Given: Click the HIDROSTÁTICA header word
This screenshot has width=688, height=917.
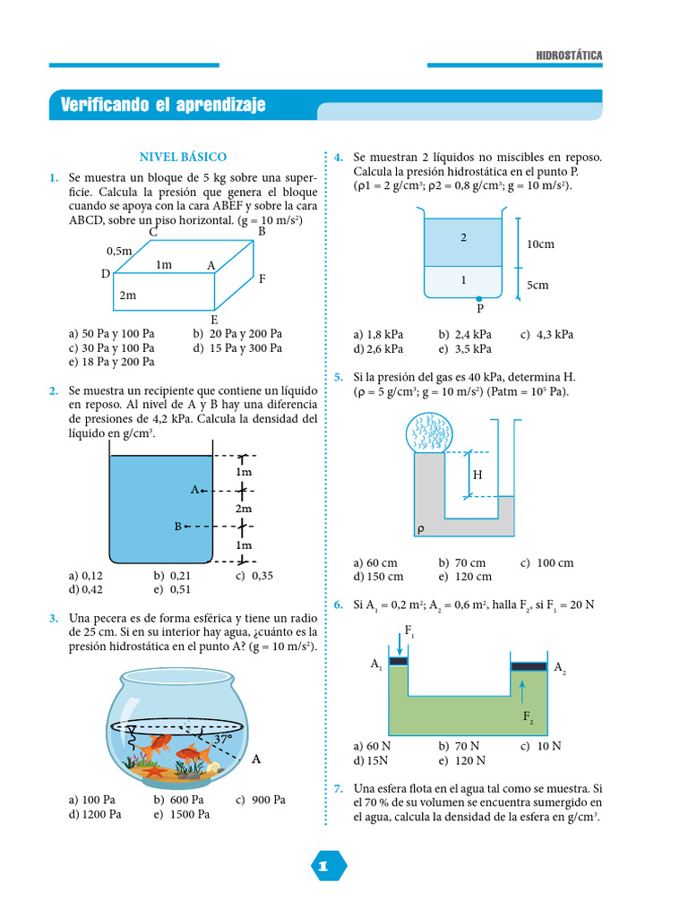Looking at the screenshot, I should pos(569,56).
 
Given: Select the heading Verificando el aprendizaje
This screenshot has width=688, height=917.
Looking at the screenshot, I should pos(163,106).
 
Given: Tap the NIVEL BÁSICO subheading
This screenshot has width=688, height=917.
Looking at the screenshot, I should pos(183,157).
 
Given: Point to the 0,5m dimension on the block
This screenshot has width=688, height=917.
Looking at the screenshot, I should pos(119,252).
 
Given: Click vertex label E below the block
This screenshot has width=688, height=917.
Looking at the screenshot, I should pos(214,319).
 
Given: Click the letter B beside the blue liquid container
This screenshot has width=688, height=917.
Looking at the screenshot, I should pos(178,527).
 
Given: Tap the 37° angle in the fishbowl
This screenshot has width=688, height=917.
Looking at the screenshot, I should pos(222,739).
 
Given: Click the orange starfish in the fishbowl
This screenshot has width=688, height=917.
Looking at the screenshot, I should pos(153,770).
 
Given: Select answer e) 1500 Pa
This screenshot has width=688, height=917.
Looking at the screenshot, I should pos(181,814).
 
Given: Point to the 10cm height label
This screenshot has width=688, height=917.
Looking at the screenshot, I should pos(540,244).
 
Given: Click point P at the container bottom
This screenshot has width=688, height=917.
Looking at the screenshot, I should pos(479,299).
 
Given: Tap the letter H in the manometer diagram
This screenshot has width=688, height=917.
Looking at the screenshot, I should pos(477,475).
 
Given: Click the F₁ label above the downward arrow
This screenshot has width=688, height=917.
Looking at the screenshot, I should pos(409,631).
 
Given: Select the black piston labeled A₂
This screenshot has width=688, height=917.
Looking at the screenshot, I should pos(529,665).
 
